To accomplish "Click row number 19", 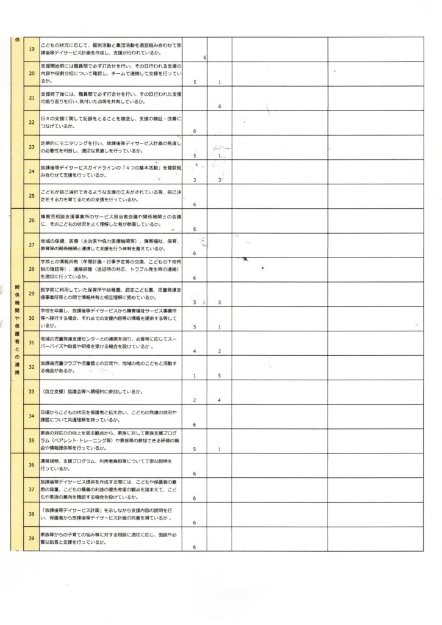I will click(32, 49).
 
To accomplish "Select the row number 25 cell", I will click(32, 195).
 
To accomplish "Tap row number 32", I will click(32, 367).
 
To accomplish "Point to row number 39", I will click(32, 539).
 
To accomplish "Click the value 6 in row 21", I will click(219, 107).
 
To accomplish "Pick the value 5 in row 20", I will click(194, 82).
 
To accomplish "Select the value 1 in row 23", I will click(219, 156).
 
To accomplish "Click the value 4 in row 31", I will click(194, 352).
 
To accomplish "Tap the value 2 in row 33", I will click(194, 400).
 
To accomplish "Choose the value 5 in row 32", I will click(219, 376).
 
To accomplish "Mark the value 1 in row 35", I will click(219, 449).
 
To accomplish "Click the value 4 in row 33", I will click(219, 400).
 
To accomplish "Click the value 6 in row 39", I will click(194, 547).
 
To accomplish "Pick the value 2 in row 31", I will click(219, 352).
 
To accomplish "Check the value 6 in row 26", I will click(194, 229).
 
